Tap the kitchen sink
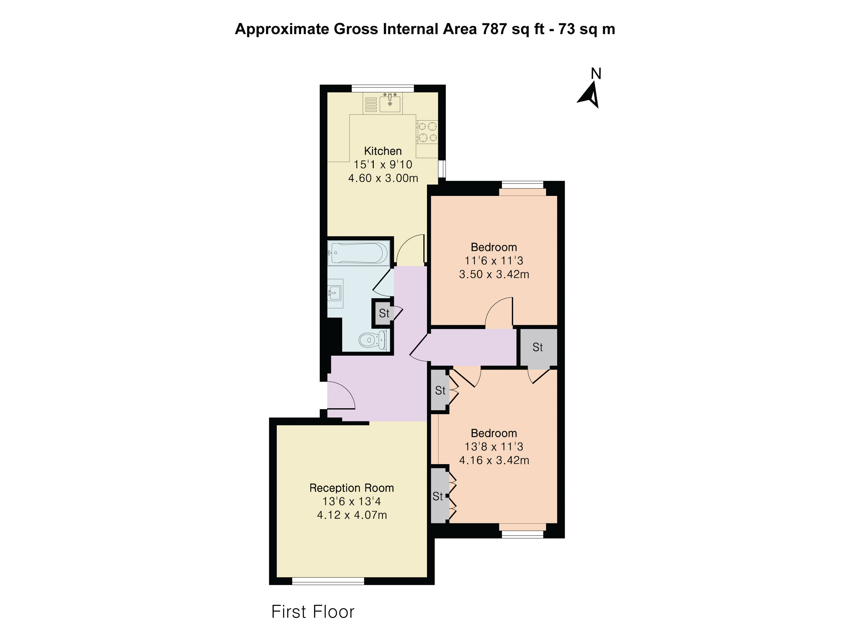tap(390, 103)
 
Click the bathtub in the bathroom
tap(359, 253)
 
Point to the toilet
tap(373, 340)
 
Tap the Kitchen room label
tap(383, 151)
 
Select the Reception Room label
tap(352, 488)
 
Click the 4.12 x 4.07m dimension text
tap(352, 515)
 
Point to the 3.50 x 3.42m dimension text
tap(494, 274)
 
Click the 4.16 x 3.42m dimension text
tap(494, 460)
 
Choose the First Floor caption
tap(313, 612)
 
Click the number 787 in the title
tap(494, 29)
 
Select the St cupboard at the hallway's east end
tap(538, 347)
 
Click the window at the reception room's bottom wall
tap(328, 581)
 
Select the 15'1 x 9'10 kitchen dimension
tap(383, 164)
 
